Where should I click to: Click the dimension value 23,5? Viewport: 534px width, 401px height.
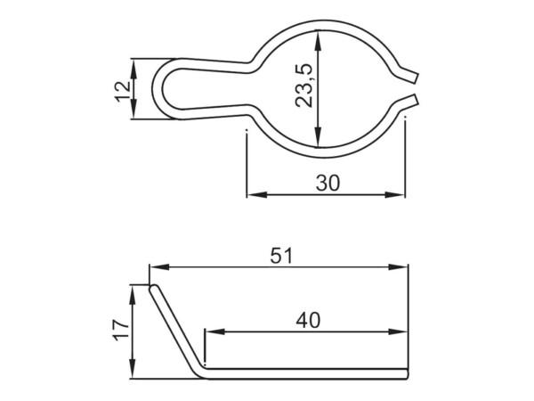point(303,86)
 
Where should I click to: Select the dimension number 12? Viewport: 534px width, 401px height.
point(123,92)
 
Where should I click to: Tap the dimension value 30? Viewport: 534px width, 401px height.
point(328,183)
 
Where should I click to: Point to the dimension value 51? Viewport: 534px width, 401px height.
point(281,256)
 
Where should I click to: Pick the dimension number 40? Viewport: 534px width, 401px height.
point(308,321)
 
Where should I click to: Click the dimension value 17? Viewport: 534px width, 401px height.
point(122,330)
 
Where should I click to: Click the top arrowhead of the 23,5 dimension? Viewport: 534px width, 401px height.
point(318,40)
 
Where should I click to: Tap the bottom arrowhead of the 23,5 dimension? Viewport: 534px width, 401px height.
point(318,137)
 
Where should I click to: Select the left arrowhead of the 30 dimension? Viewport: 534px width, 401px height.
point(257,194)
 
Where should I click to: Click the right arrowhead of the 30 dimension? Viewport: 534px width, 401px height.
point(395,194)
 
